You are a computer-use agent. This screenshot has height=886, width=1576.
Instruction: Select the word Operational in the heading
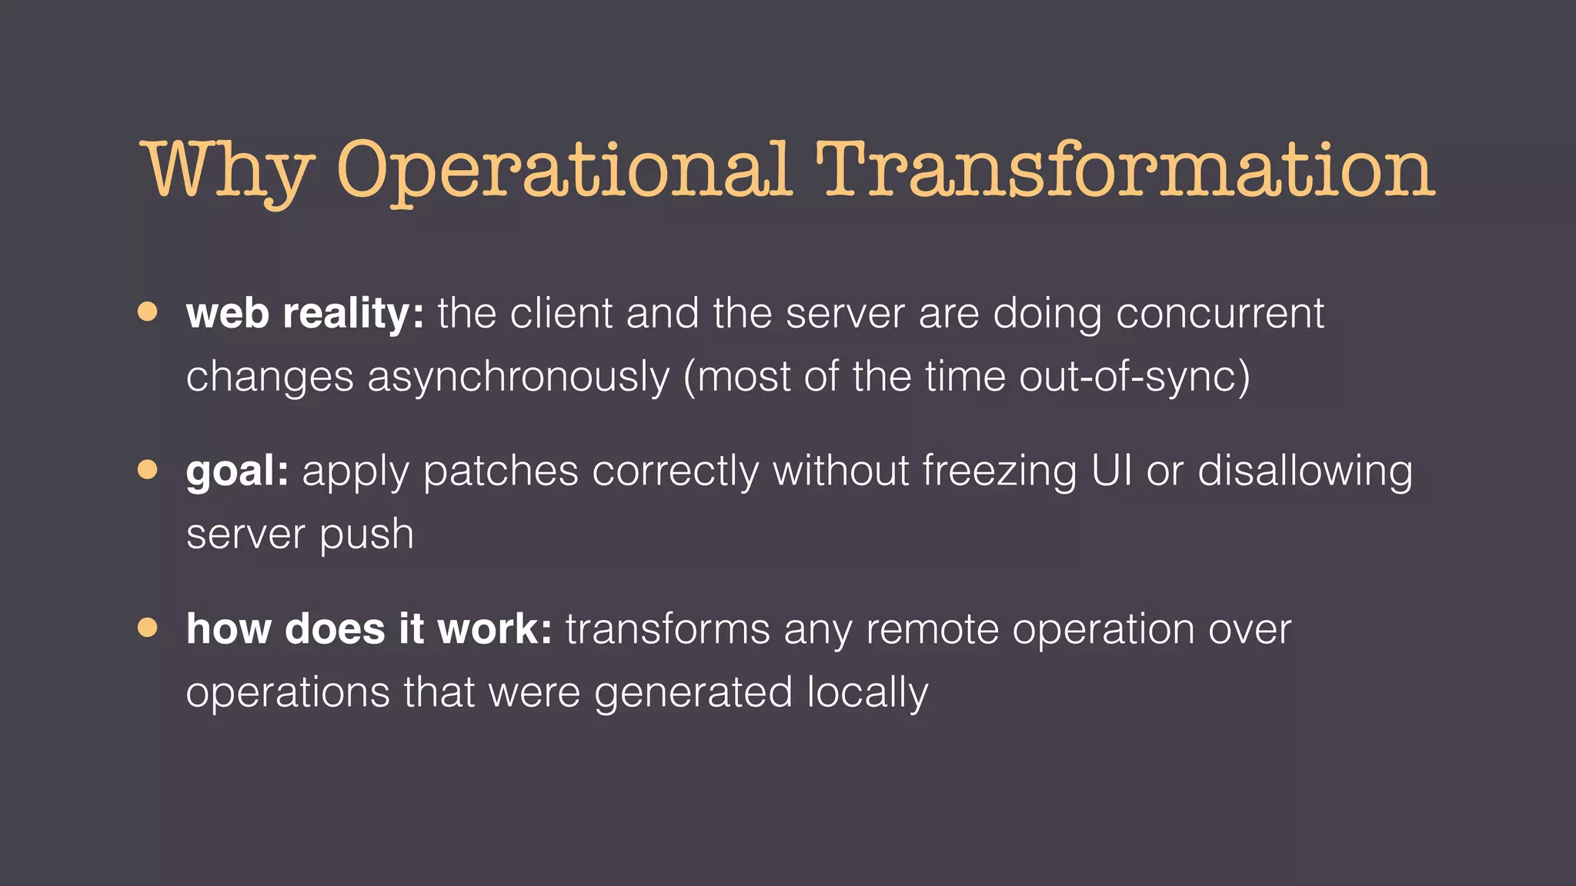point(564,171)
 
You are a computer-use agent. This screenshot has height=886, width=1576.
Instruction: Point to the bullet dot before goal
point(148,469)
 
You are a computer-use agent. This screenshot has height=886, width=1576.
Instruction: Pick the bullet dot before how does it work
point(148,628)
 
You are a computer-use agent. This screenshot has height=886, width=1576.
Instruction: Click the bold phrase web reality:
point(305,314)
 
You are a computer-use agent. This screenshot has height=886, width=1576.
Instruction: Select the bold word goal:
point(237,471)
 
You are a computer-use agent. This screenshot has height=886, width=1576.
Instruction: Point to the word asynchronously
point(519,378)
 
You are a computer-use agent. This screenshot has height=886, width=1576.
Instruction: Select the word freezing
point(1000,471)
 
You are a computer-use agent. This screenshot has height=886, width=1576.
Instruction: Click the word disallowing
point(1305,471)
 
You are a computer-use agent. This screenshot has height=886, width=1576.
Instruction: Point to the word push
point(366,535)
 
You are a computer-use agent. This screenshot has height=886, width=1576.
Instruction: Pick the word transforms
point(667,629)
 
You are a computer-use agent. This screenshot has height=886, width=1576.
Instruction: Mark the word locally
point(867,693)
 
